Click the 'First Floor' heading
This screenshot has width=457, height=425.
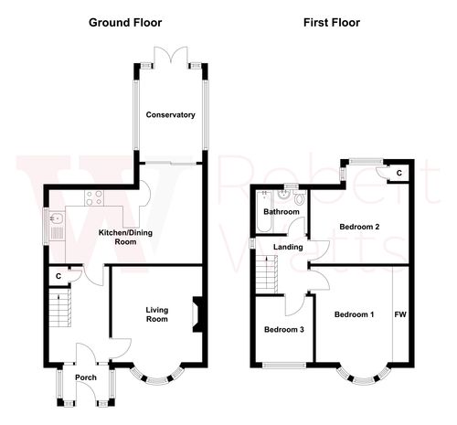(331, 22)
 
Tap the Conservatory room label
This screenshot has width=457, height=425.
(171, 115)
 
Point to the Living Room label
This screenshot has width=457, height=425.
(157, 314)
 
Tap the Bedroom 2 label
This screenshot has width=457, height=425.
(358, 226)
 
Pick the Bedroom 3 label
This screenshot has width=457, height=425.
(283, 330)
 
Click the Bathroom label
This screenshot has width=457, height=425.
(282, 212)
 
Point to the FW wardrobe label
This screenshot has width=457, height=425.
(399, 314)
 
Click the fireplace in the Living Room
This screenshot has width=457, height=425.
(195, 313)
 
